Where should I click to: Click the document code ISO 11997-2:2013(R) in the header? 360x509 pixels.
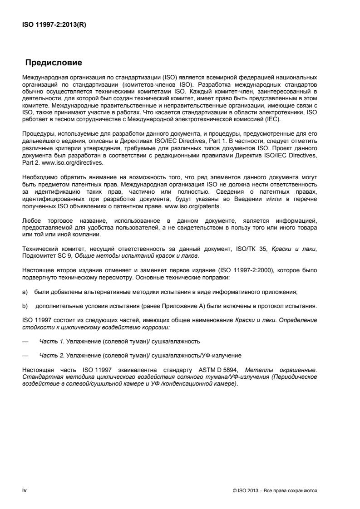pyautogui.click(x=54, y=25)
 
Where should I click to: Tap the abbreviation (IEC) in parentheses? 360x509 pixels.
pyautogui.click(x=273, y=119)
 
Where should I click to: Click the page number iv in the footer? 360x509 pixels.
pyautogui.click(x=25, y=490)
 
